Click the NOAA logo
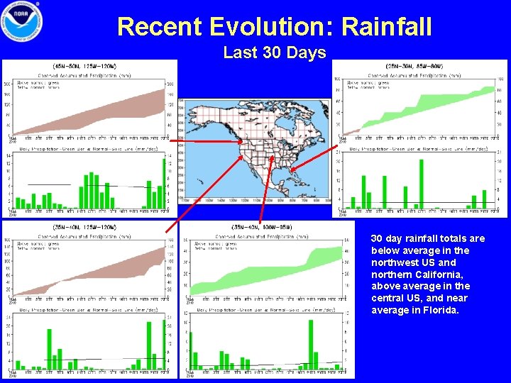pos(21,21)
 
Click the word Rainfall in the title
pos(386,27)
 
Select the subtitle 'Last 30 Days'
pos(274,52)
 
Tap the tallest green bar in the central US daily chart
pos(311,345)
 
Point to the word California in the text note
pos(439,274)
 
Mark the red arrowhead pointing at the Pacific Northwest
pos(241,142)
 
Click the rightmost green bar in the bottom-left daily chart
pos(164,345)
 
